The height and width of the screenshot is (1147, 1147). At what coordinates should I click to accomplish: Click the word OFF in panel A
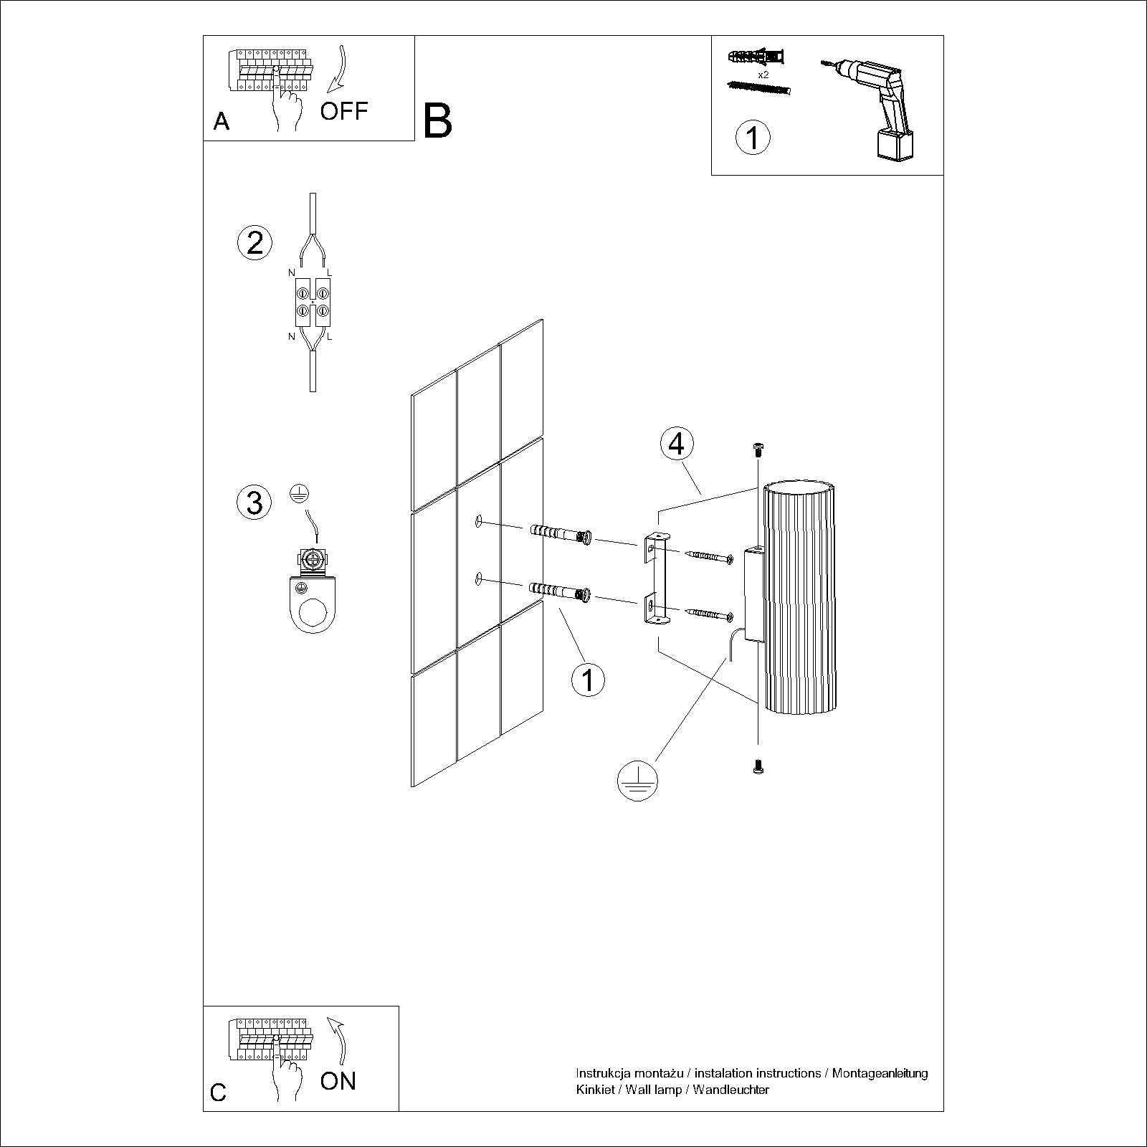click(x=343, y=111)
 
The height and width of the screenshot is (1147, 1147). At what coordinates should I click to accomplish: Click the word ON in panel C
click(x=338, y=1081)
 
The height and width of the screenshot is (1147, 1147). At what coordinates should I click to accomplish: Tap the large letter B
click(x=437, y=121)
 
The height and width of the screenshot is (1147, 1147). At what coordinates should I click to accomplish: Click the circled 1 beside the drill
click(x=753, y=137)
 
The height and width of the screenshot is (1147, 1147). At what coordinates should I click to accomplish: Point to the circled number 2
click(x=254, y=243)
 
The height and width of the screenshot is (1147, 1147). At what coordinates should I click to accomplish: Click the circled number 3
click(x=254, y=502)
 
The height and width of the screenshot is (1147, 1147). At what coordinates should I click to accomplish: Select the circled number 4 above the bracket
click(x=677, y=444)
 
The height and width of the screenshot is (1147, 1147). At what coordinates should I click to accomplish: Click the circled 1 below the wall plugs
click(x=588, y=679)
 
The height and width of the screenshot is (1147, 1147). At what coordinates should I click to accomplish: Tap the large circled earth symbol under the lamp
click(x=637, y=779)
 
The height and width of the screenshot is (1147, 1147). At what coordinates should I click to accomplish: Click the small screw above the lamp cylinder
click(x=758, y=449)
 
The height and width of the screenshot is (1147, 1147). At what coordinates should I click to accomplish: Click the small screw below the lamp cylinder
click(x=758, y=767)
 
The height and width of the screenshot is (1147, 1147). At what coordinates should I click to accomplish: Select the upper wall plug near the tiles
click(x=560, y=535)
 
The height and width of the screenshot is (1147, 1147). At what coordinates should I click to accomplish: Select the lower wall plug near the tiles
click(x=560, y=592)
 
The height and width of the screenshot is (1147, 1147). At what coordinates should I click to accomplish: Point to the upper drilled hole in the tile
click(x=479, y=522)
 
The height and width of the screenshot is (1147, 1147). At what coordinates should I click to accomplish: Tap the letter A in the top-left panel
click(x=222, y=121)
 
